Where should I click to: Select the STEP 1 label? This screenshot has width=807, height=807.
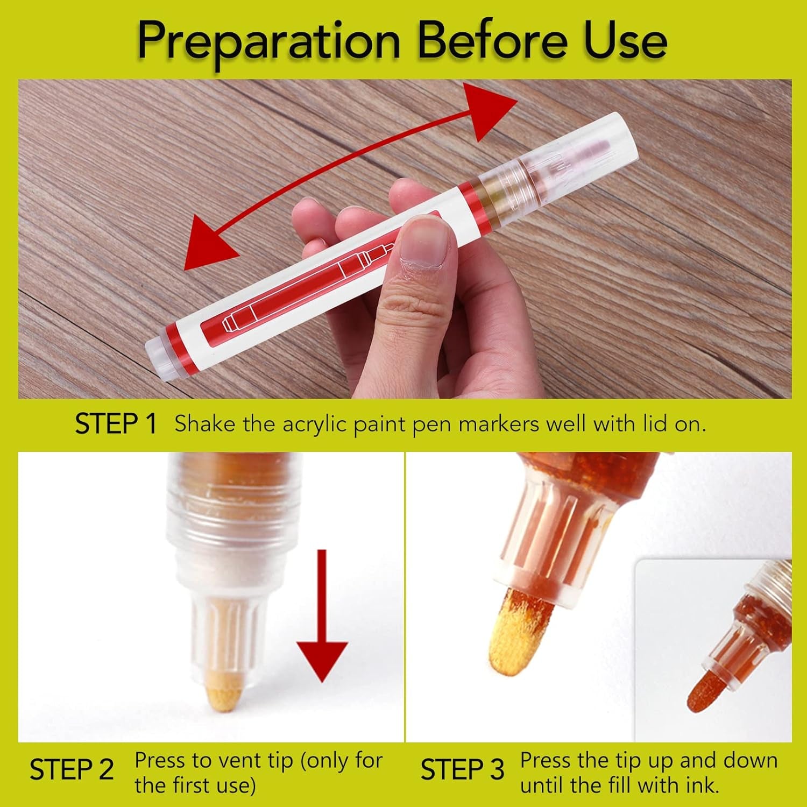116,424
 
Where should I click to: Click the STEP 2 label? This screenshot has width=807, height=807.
72,770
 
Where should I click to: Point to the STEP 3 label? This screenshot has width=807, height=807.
462,770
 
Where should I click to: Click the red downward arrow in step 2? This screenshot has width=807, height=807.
322,616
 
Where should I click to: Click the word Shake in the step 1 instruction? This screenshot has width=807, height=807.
205,424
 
